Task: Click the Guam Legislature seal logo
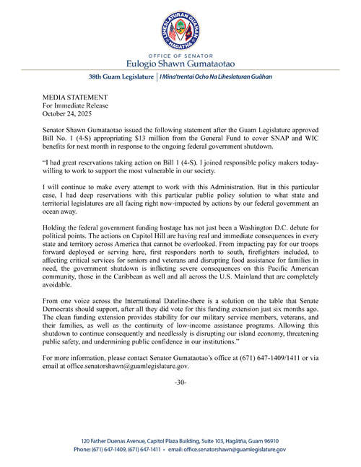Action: [x=180, y=28]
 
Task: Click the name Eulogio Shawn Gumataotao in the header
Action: [x=180, y=63]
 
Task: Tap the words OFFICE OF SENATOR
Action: [x=180, y=54]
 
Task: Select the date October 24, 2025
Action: [x=71, y=111]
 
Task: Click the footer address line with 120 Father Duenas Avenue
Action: [x=180, y=440]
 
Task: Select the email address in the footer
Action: [x=234, y=449]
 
